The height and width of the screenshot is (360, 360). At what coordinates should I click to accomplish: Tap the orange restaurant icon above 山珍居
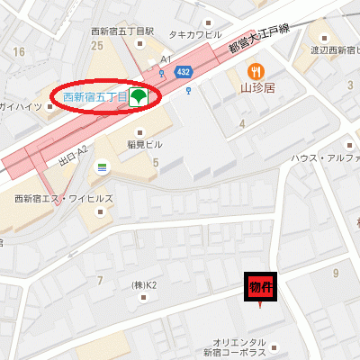(256, 72)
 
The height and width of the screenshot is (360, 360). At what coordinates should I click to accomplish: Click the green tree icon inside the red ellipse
(138, 96)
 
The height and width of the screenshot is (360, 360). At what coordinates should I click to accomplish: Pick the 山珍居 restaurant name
(256, 90)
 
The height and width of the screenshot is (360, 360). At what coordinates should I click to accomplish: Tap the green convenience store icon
(102, 167)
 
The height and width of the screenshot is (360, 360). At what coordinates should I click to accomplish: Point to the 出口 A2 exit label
(71, 158)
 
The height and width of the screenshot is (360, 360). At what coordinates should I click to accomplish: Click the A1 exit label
(166, 59)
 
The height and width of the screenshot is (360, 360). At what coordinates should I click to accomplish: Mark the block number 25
(97, 45)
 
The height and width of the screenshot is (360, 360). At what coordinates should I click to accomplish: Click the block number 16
(19, 51)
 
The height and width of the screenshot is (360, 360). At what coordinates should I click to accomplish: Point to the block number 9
(336, 272)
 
